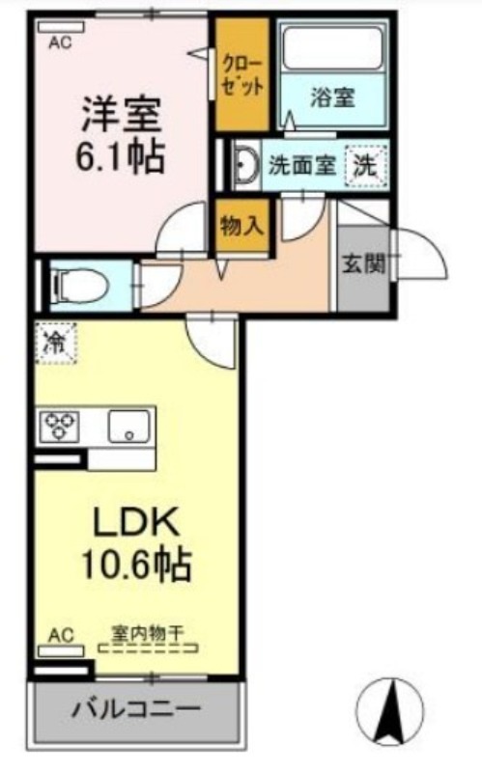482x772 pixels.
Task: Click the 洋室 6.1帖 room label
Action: tap(120, 134)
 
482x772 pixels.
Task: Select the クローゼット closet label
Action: tap(242, 75)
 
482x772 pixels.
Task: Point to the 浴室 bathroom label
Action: tap(332, 97)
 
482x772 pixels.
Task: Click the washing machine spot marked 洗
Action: tap(366, 166)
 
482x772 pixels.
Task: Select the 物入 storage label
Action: tap(241, 227)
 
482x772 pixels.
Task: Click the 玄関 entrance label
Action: tap(364, 263)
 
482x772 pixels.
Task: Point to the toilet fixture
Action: tap(82, 285)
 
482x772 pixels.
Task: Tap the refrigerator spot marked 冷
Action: tap(56, 343)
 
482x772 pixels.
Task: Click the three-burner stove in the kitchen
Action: tap(59, 427)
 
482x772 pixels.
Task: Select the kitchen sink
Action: tap(129, 427)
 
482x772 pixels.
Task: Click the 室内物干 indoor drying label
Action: tap(147, 633)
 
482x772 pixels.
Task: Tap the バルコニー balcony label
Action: tap(136, 709)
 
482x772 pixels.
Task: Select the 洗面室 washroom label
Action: tap(302, 165)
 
